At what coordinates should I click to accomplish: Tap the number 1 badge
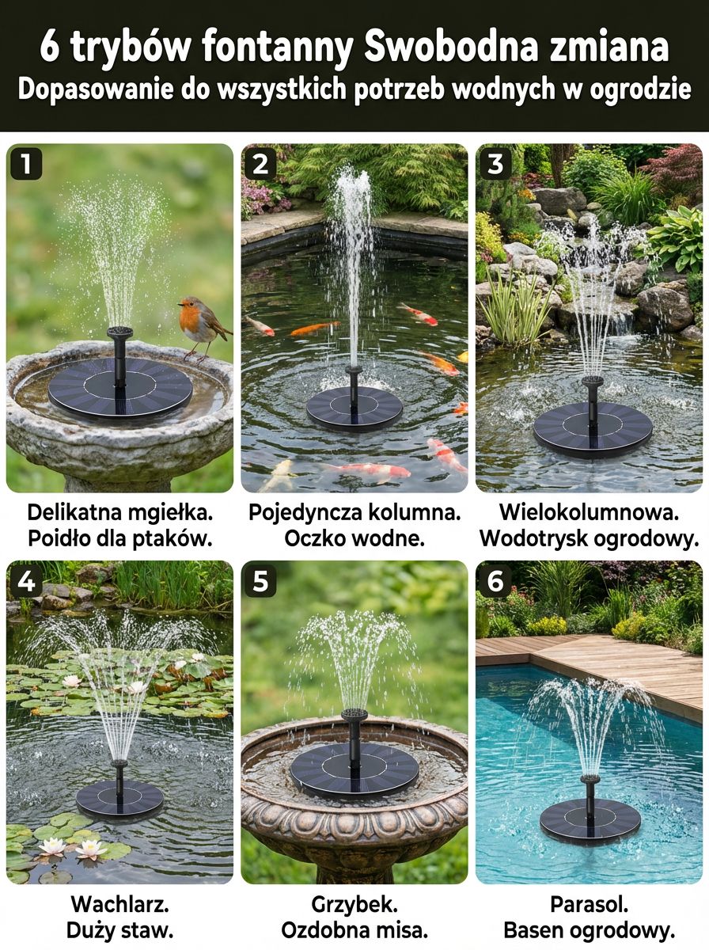pos(26,164)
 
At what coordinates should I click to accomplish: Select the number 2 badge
pos(260,164)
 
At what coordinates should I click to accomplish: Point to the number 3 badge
pos(495,164)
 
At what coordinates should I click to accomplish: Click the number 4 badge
pos(26,581)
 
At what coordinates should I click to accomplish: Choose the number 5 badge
pos(260,581)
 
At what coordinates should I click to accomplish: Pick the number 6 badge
pos(495,581)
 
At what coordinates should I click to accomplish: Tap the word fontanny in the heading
pos(276,47)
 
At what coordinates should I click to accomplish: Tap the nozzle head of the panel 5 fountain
pos(354,715)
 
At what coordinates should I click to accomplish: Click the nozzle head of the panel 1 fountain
pos(119,332)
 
